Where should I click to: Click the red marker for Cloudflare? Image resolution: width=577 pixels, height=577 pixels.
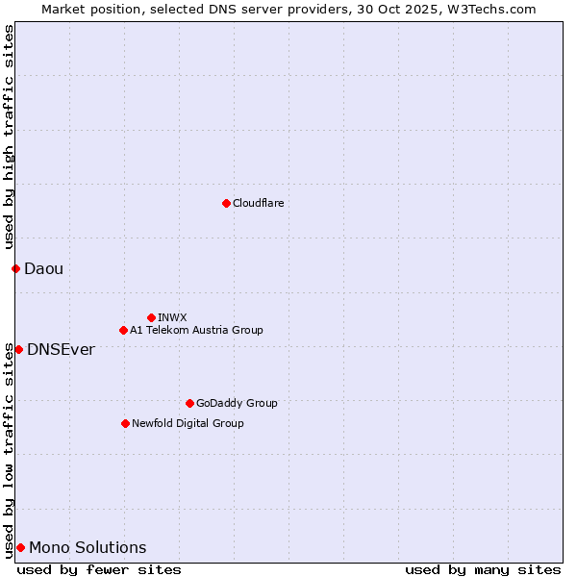click(x=226, y=203)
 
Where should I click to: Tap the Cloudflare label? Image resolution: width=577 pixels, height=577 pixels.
click(x=258, y=204)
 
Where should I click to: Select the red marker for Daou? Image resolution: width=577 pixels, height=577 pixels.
click(x=15, y=268)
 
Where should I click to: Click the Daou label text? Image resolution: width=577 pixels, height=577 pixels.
click(x=43, y=269)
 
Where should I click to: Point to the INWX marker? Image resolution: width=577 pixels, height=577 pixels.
click(x=151, y=317)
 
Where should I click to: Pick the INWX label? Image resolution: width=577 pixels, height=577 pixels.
click(x=172, y=318)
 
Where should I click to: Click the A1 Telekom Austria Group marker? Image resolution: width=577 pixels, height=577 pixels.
click(x=123, y=330)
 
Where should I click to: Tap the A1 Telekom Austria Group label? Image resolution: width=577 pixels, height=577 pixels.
click(x=196, y=331)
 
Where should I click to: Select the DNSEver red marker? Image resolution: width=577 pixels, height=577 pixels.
click(x=18, y=349)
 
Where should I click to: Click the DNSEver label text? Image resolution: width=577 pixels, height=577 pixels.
click(x=61, y=350)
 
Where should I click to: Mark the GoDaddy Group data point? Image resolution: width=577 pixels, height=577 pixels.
click(x=189, y=403)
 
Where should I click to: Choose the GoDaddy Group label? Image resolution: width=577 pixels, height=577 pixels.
click(x=237, y=404)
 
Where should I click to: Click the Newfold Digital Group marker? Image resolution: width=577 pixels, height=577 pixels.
click(x=125, y=423)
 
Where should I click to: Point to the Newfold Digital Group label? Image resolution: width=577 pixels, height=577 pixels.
click(x=188, y=424)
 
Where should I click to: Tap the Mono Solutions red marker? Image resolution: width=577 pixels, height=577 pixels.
click(x=20, y=547)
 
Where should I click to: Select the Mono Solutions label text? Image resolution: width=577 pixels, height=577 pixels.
click(x=88, y=548)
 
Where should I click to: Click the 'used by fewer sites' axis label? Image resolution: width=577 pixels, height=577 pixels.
click(x=99, y=569)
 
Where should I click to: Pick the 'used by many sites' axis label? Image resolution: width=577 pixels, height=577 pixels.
click(x=482, y=569)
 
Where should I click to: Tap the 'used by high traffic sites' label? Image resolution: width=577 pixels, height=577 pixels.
click(x=9, y=137)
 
